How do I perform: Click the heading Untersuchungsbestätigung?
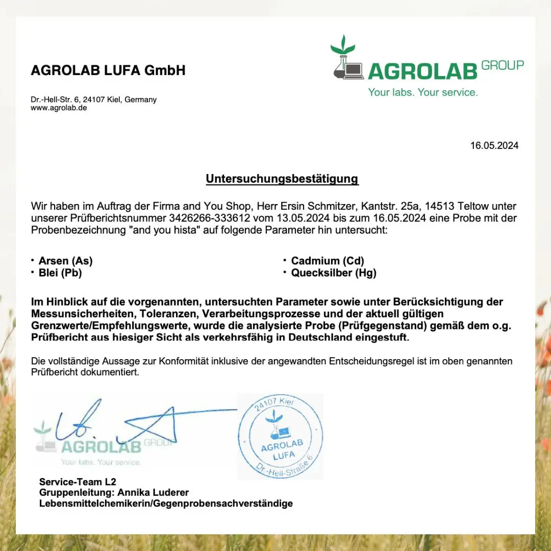[x=282, y=179]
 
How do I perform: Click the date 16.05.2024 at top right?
[x=494, y=146]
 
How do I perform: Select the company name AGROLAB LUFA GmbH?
[x=108, y=70]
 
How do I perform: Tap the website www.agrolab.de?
[x=59, y=108]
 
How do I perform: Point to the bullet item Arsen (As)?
[x=65, y=261]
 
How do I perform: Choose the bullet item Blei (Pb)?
[x=60, y=273]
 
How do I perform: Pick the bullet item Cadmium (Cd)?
[x=328, y=261]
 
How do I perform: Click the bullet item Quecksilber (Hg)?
[x=334, y=273]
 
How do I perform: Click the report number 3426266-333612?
[x=209, y=218]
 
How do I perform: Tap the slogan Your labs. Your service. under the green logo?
[x=423, y=92]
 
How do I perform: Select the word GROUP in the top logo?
[x=503, y=65]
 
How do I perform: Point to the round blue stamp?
[x=280, y=436]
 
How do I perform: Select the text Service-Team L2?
[x=78, y=482]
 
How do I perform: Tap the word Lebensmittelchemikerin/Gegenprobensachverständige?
[x=166, y=504]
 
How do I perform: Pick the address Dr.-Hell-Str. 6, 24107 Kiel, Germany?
[x=93, y=99]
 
